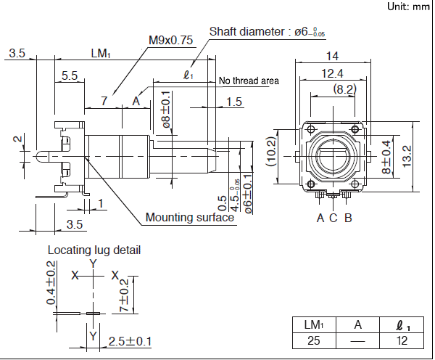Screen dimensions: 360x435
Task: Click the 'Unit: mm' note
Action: click(x=408, y=7)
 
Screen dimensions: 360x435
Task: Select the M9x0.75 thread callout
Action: click(x=170, y=41)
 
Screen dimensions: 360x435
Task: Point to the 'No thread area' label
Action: click(x=249, y=81)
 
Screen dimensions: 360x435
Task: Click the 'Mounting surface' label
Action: click(x=189, y=217)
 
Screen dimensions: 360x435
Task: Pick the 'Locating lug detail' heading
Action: click(x=94, y=250)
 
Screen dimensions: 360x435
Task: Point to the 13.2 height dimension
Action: click(x=407, y=154)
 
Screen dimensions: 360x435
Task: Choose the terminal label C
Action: click(x=333, y=217)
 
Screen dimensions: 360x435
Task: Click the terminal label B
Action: click(x=348, y=217)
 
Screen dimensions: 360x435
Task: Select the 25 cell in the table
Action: click(x=313, y=340)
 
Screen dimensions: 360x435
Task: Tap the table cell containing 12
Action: click(x=402, y=340)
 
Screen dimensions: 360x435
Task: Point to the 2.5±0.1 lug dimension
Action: click(x=130, y=340)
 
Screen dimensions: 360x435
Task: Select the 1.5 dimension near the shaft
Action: click(x=234, y=102)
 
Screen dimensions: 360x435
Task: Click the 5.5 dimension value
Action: click(x=70, y=75)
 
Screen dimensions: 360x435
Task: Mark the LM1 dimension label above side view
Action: click(x=101, y=53)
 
